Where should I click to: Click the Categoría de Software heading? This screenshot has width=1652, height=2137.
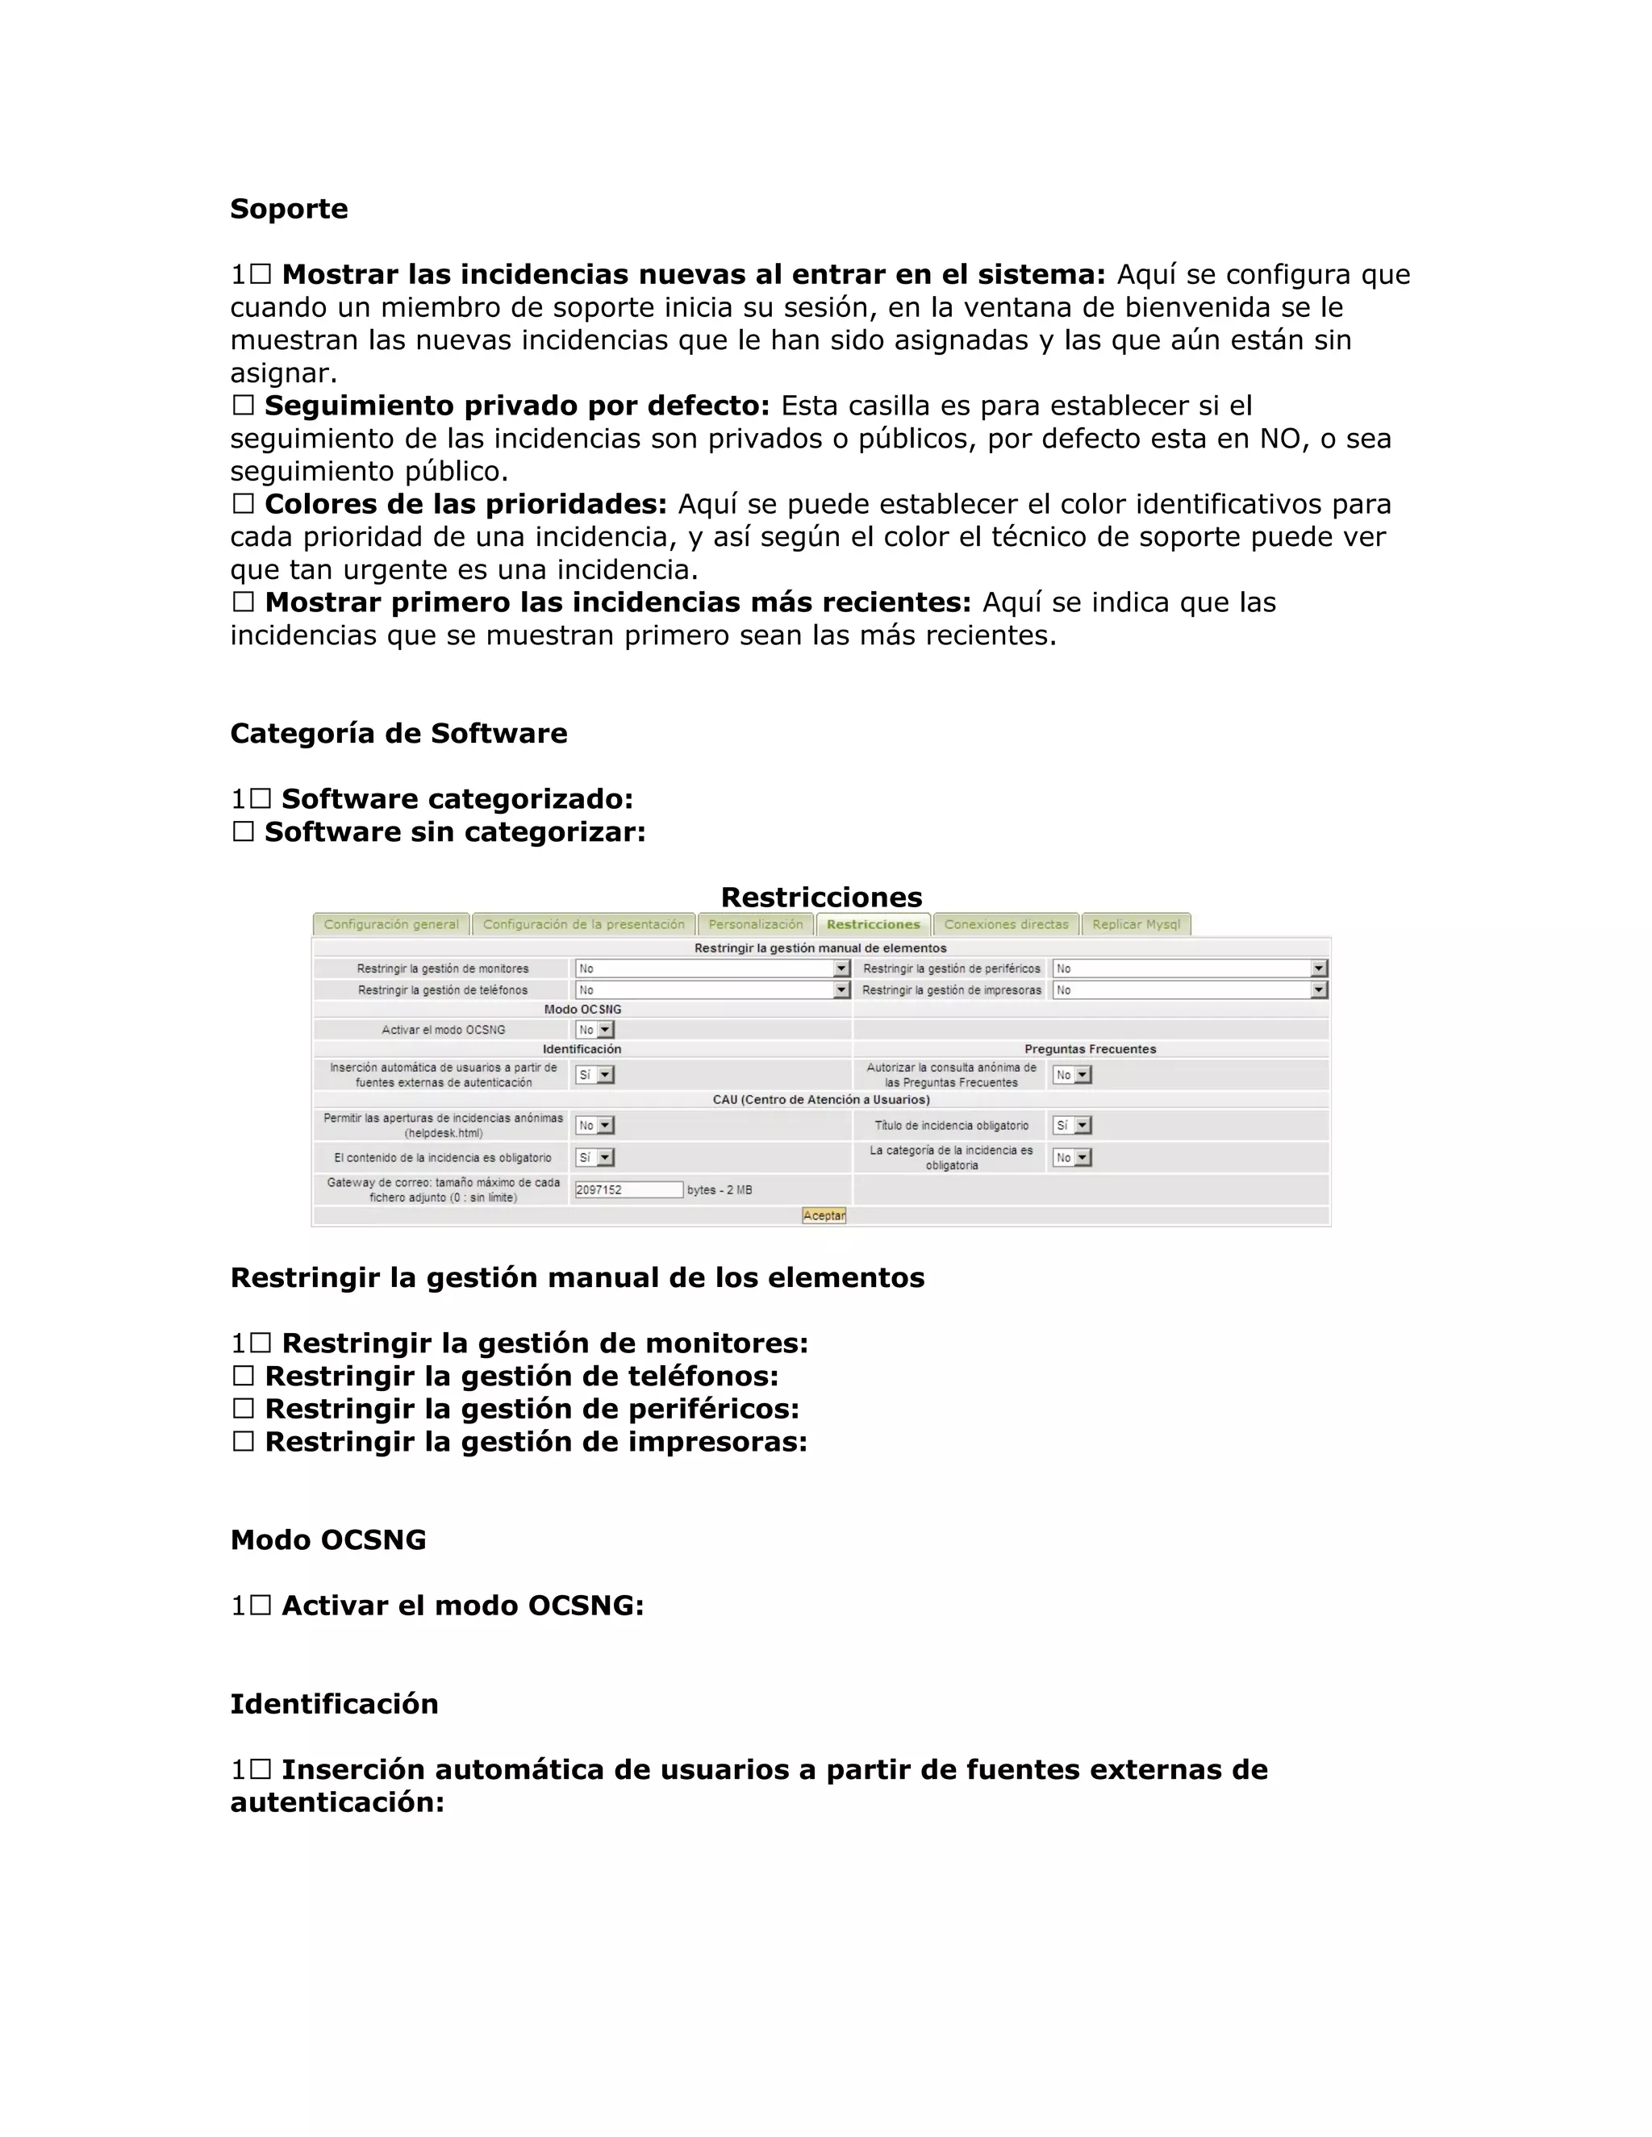click(x=398, y=734)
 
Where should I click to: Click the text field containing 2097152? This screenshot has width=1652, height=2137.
click(x=628, y=1189)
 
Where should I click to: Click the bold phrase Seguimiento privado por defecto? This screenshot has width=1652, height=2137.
click(x=517, y=406)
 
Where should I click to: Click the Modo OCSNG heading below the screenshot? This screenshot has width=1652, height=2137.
click(x=327, y=1540)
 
